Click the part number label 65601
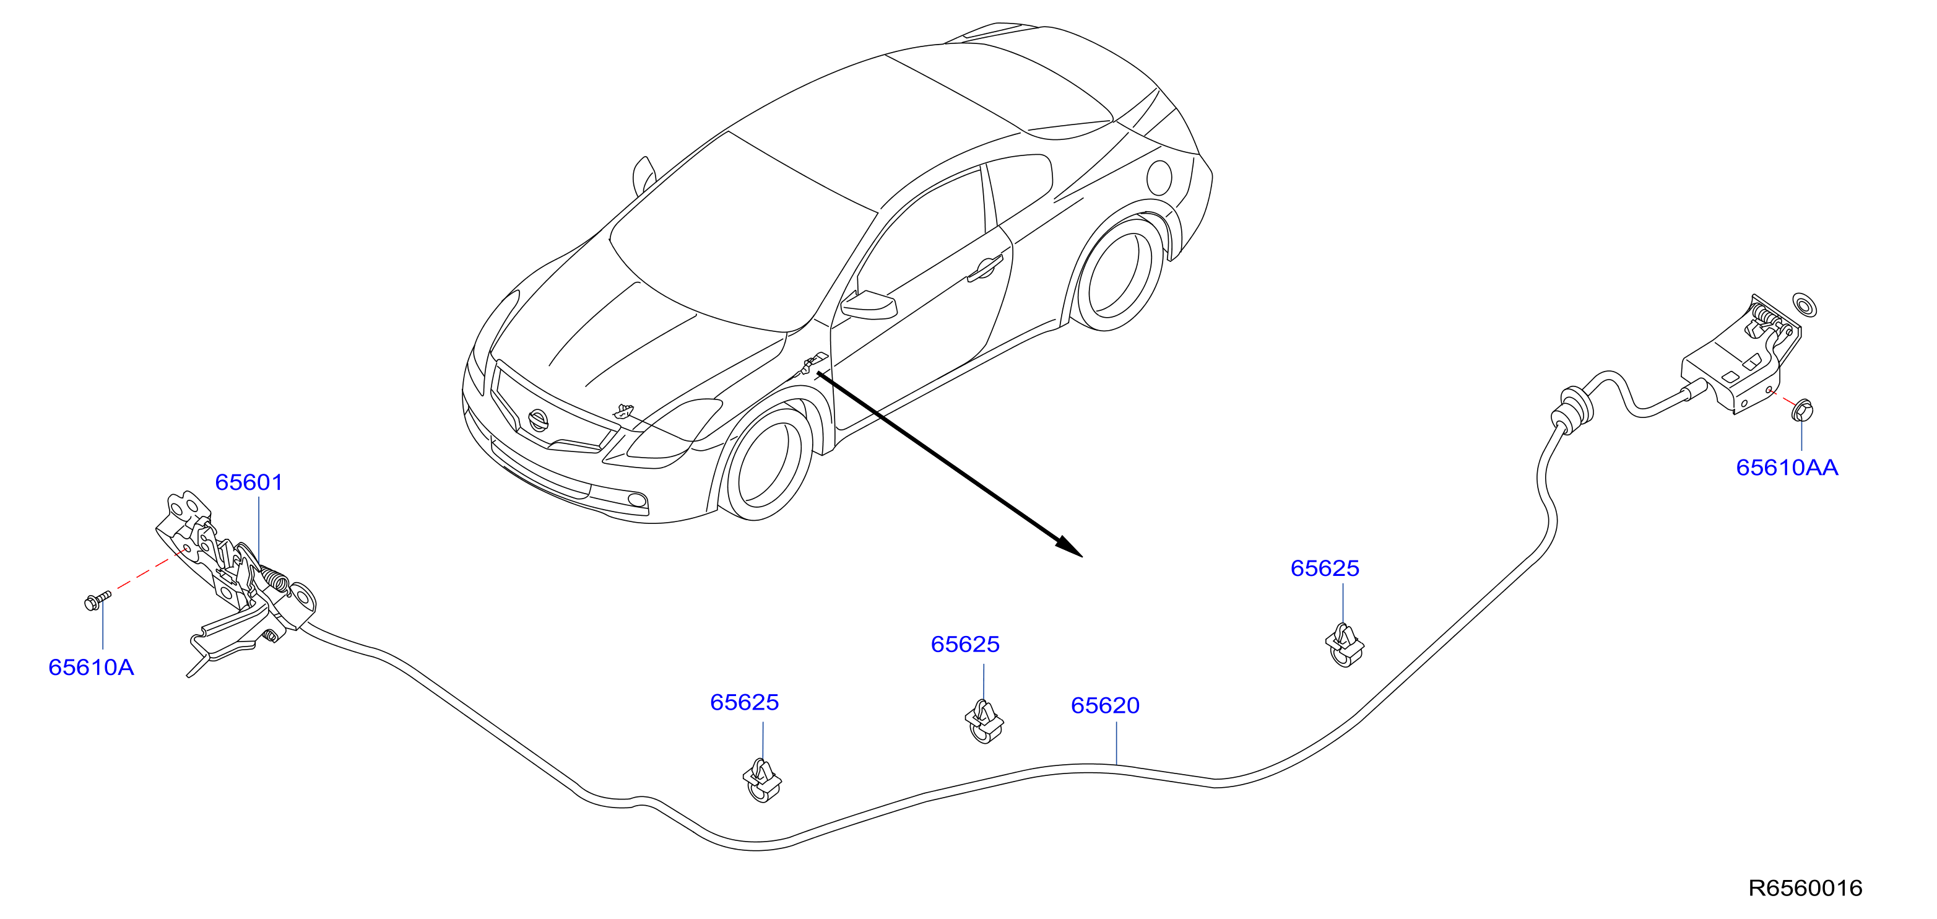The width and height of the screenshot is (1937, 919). click(x=249, y=482)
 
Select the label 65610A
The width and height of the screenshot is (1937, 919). click(x=91, y=667)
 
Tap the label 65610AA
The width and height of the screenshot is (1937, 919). click(x=1787, y=468)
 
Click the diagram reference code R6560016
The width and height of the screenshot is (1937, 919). click(x=1805, y=888)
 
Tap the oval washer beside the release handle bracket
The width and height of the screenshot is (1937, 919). click(x=1805, y=305)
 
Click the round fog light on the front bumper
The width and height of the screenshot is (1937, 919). click(x=637, y=501)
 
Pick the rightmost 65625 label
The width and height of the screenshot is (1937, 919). click(x=1324, y=568)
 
